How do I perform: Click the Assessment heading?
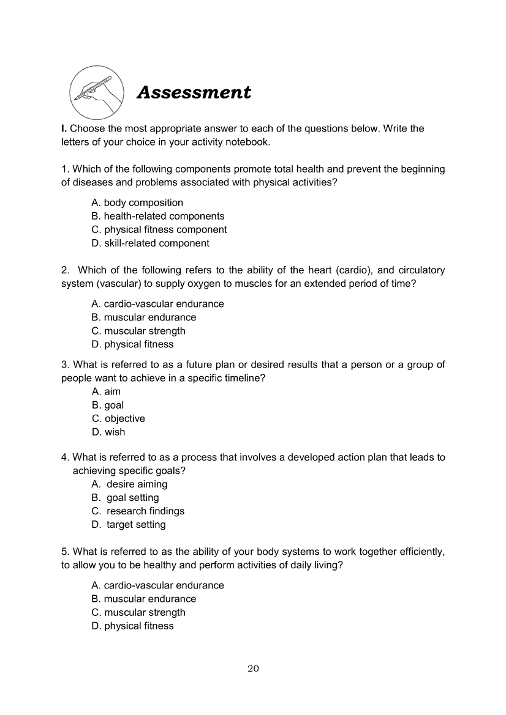[194, 92]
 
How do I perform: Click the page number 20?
[253, 668]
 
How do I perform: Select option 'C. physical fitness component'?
[159, 229]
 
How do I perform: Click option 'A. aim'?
[106, 391]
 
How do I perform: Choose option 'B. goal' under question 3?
[107, 405]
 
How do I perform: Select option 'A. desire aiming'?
[129, 484]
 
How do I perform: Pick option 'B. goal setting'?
[125, 497]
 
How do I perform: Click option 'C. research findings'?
[138, 511]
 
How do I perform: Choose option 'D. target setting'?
[129, 524]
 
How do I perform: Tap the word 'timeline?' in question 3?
[244, 378]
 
